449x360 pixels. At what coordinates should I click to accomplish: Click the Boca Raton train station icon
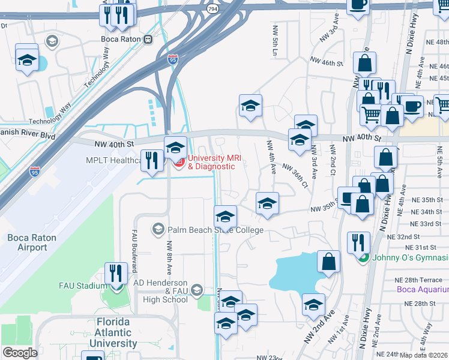click(148, 39)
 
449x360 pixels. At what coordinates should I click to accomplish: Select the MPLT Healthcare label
click(104, 160)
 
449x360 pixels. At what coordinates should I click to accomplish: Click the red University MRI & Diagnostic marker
click(177, 162)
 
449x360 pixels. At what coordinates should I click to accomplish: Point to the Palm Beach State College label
click(215, 229)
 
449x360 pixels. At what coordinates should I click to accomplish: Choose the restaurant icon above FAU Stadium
click(116, 272)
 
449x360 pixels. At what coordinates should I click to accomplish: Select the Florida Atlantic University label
click(113, 332)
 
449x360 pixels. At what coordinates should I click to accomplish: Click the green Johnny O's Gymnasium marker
click(363, 258)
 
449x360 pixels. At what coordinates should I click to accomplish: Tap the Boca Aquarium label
click(423, 290)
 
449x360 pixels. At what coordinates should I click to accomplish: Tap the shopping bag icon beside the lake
click(328, 261)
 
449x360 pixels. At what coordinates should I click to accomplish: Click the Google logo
click(19, 353)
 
